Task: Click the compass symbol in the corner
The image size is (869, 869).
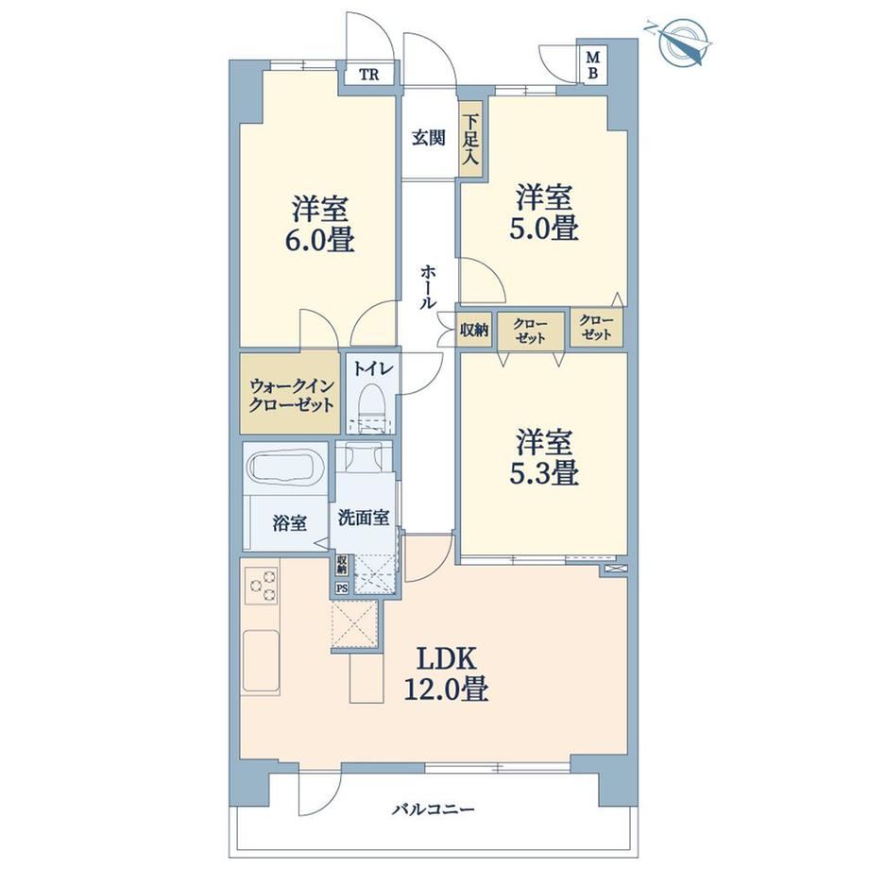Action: (x=681, y=41)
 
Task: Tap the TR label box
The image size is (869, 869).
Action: (x=369, y=75)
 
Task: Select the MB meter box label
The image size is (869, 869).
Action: (x=592, y=65)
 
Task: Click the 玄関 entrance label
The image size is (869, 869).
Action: (x=429, y=138)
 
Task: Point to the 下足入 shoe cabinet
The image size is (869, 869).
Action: (x=471, y=140)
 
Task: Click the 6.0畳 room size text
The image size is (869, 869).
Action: (x=321, y=240)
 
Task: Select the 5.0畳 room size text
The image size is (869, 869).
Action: (x=544, y=228)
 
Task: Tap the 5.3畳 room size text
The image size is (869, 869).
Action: (x=544, y=472)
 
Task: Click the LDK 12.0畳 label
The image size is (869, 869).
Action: (x=447, y=674)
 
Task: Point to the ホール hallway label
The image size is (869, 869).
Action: (x=429, y=286)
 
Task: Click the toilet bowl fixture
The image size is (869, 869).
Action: (x=371, y=405)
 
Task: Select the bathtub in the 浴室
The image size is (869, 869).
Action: (x=286, y=469)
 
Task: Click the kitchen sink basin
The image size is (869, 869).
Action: (x=261, y=660)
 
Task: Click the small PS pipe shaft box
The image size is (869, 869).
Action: (x=342, y=588)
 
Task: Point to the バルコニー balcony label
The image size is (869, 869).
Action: (x=434, y=809)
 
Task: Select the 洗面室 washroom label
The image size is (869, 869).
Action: (x=364, y=518)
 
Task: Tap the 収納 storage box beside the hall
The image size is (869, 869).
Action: (x=474, y=331)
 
